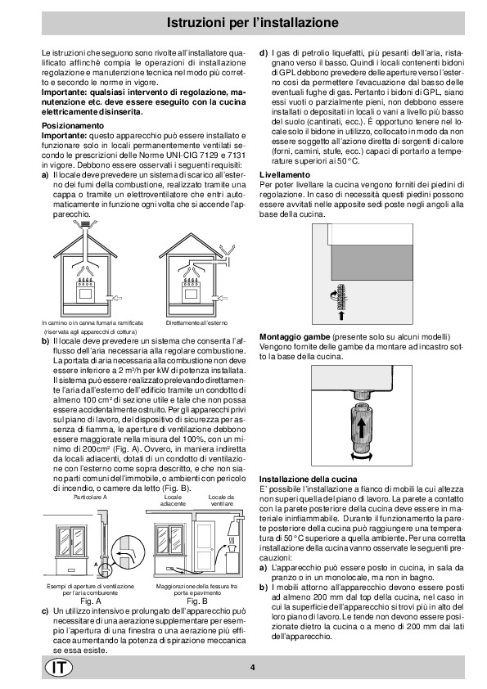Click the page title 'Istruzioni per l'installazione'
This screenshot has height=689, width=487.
click(x=253, y=22)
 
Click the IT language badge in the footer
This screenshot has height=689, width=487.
click(x=59, y=668)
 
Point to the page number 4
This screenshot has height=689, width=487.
click(x=253, y=668)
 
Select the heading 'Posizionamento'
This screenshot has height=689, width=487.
click(x=73, y=126)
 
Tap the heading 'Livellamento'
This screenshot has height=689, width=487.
click(x=285, y=175)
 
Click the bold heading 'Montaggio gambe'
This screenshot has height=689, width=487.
click(x=295, y=337)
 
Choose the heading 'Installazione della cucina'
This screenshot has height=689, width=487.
click(x=308, y=480)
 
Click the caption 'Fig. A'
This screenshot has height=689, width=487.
click(x=91, y=601)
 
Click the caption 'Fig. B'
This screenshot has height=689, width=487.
click(x=197, y=601)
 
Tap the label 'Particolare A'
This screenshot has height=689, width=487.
click(x=91, y=498)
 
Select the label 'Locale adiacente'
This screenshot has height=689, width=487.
click(x=173, y=501)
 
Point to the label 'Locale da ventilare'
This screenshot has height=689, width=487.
click(x=222, y=501)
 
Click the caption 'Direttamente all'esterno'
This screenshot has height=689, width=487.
click(x=197, y=323)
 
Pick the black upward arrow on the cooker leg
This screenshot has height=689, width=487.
click(x=360, y=427)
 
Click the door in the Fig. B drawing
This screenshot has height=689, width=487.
click(x=205, y=548)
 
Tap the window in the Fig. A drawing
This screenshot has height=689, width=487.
click(x=70, y=543)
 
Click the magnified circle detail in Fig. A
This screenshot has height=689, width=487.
click(x=128, y=553)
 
